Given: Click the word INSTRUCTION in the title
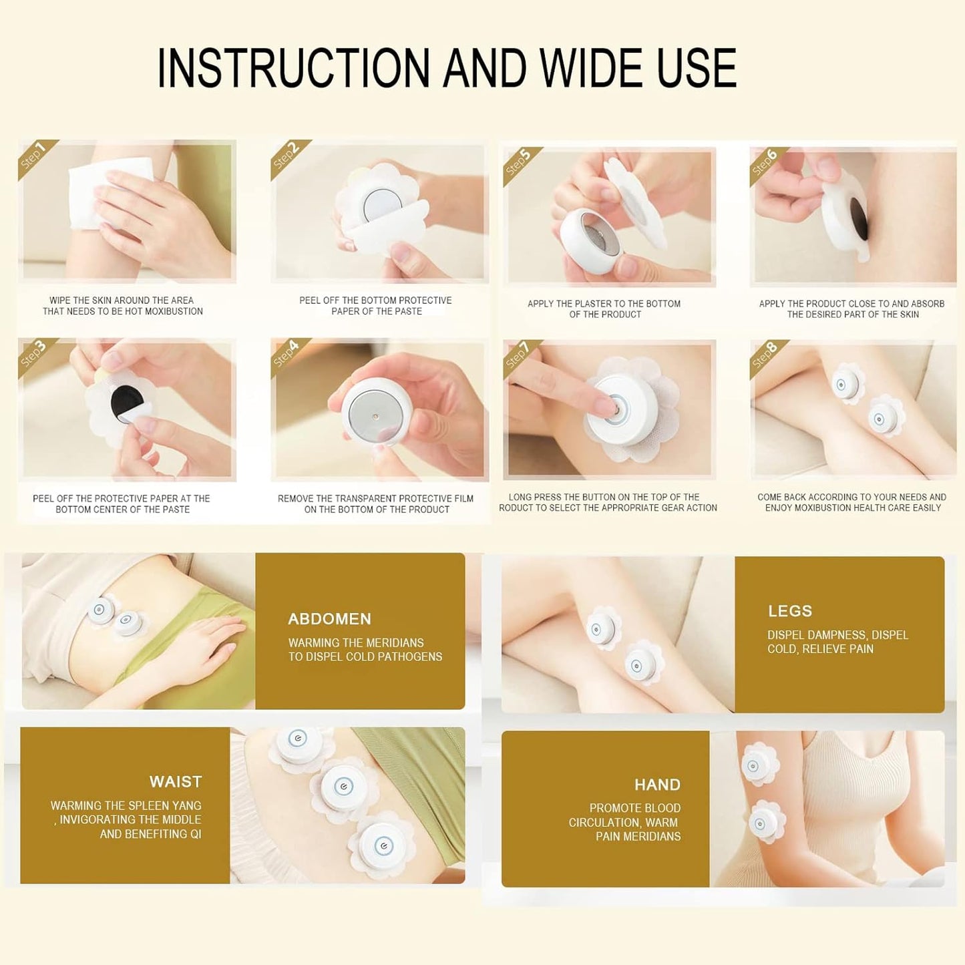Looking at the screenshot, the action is (293, 68).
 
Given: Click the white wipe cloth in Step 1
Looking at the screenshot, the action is (108, 193).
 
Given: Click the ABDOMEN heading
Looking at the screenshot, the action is (329, 619).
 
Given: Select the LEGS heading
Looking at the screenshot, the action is (790, 611).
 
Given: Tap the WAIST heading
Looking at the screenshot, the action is (175, 782).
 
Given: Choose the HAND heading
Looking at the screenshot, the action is (658, 785).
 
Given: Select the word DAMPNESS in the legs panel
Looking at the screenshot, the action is (830, 635).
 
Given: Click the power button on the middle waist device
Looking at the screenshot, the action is (343, 786).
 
